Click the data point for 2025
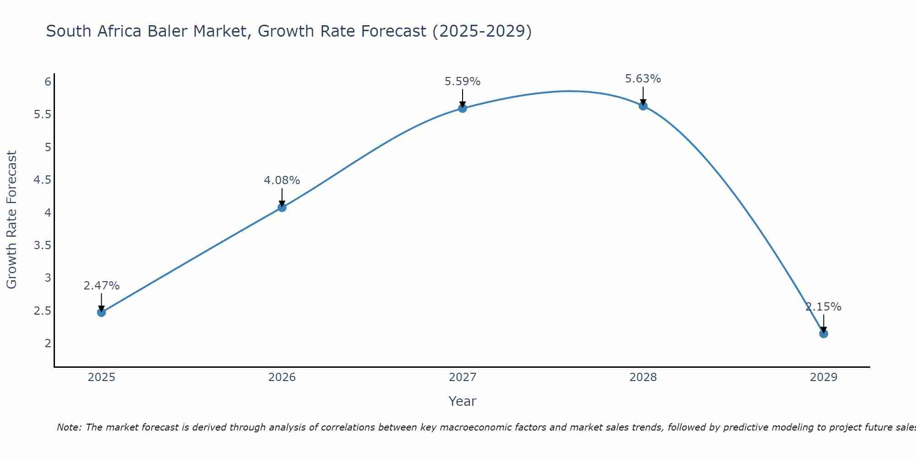tap(101, 312)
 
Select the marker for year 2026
tap(282, 207)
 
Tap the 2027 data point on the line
tap(462, 108)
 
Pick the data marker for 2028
tap(643, 106)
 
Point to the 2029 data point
tap(823, 333)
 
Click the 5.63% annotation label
tap(643, 79)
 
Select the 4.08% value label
tap(282, 180)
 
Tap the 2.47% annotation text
tap(101, 286)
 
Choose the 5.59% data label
tap(462, 82)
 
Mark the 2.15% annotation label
tap(823, 307)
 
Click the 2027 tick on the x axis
tap(462, 377)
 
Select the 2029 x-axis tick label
tap(823, 377)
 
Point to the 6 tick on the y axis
tap(48, 82)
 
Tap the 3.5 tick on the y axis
tap(43, 245)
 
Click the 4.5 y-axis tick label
tap(43, 180)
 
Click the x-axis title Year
tap(462, 401)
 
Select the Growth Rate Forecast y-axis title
tap(11, 220)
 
